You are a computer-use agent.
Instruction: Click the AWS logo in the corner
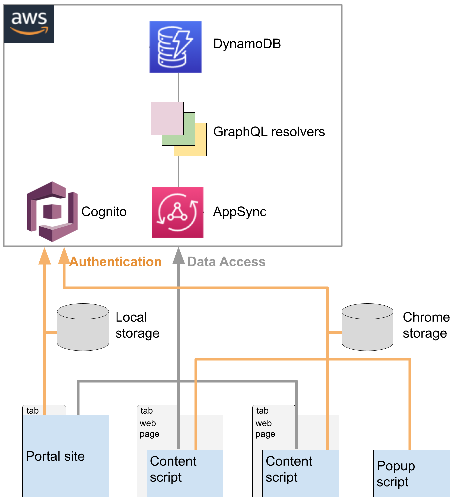[x=29, y=24]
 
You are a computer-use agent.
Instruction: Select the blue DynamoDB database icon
[x=175, y=47]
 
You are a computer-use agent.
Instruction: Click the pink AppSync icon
[x=178, y=212]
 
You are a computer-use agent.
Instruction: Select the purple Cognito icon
[x=52, y=212]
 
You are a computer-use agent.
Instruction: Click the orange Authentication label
[x=116, y=262]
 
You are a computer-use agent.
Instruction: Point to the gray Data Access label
[x=226, y=262]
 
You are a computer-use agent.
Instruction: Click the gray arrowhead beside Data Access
[x=179, y=257]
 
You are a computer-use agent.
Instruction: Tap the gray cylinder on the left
[x=83, y=327]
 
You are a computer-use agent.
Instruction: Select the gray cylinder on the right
[x=367, y=327]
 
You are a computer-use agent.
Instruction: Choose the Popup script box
[x=411, y=473]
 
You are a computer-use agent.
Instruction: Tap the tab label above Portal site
[x=33, y=410]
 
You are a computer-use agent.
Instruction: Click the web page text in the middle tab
[x=149, y=428]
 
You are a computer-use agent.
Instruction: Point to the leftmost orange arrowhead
[x=45, y=257]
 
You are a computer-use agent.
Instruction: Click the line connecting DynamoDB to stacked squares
[x=179, y=87]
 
